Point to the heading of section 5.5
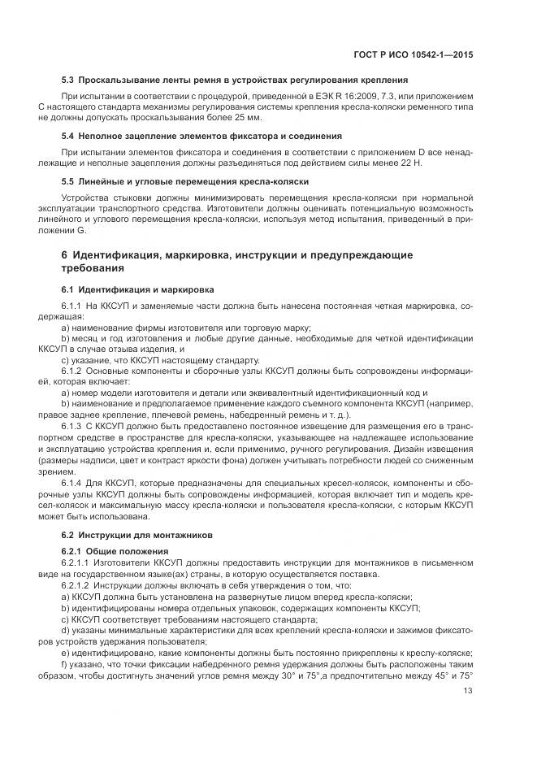[184, 180]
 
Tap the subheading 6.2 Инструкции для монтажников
[136, 535]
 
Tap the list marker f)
[65, 664]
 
